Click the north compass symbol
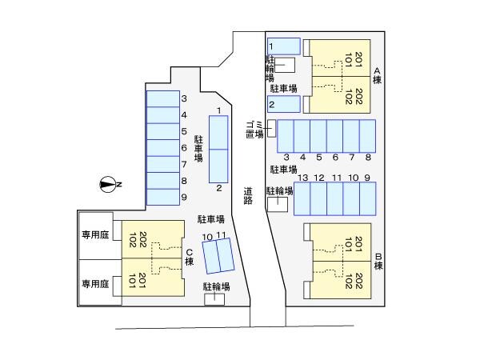[108, 185]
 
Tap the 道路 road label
[248, 196]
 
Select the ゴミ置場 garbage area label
[254, 129]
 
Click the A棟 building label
[377, 76]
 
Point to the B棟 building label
[378, 261]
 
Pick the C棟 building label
[190, 257]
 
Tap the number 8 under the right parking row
[368, 158]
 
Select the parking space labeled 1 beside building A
[284, 46]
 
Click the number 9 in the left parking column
[184, 197]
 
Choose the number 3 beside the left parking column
[184, 98]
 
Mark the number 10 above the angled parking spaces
[207, 237]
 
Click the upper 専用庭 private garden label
[95, 234]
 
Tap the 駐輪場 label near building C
[217, 287]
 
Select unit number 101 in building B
[348, 245]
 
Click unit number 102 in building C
[133, 240]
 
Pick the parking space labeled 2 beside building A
[284, 104]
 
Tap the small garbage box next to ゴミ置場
[271, 129]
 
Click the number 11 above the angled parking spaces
[221, 235]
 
